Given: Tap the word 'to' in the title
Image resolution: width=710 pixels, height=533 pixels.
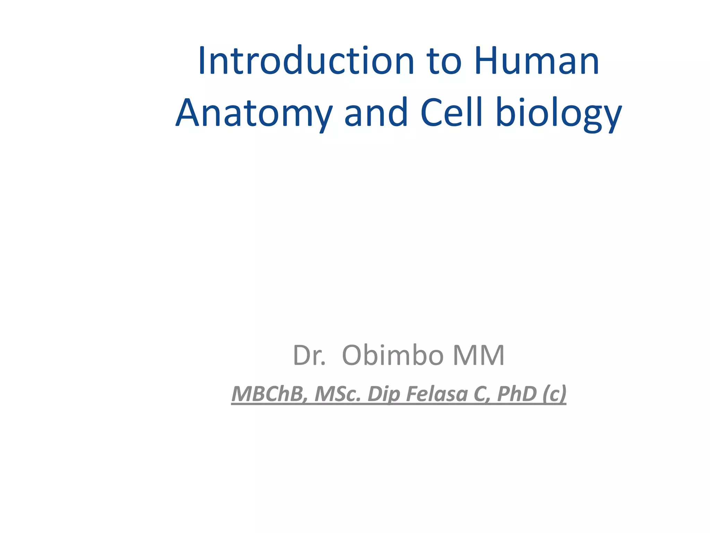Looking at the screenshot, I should [445, 62].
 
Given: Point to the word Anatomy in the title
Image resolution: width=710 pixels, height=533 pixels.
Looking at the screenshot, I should [254, 113].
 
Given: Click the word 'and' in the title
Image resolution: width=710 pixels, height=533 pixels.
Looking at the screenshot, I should [376, 112].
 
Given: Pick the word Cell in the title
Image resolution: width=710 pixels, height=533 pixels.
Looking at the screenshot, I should [452, 112].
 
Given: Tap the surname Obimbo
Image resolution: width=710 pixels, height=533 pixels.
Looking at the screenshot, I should [392, 355].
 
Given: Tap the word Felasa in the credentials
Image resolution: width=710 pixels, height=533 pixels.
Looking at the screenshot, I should [437, 394].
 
